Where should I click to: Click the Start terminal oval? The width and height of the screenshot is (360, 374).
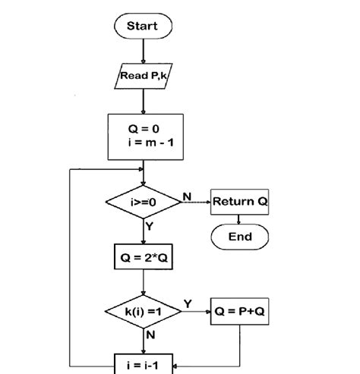[143, 27]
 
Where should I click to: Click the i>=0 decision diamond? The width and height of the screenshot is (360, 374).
[143, 203]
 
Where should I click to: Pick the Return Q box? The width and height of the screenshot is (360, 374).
[239, 202]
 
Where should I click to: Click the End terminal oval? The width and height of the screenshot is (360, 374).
[239, 237]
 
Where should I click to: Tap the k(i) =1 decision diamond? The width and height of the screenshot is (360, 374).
[143, 312]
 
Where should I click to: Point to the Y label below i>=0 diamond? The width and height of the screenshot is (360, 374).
[150, 226]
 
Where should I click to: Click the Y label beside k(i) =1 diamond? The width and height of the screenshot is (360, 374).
[187, 304]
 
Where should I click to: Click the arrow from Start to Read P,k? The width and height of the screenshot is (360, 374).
[143, 51]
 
